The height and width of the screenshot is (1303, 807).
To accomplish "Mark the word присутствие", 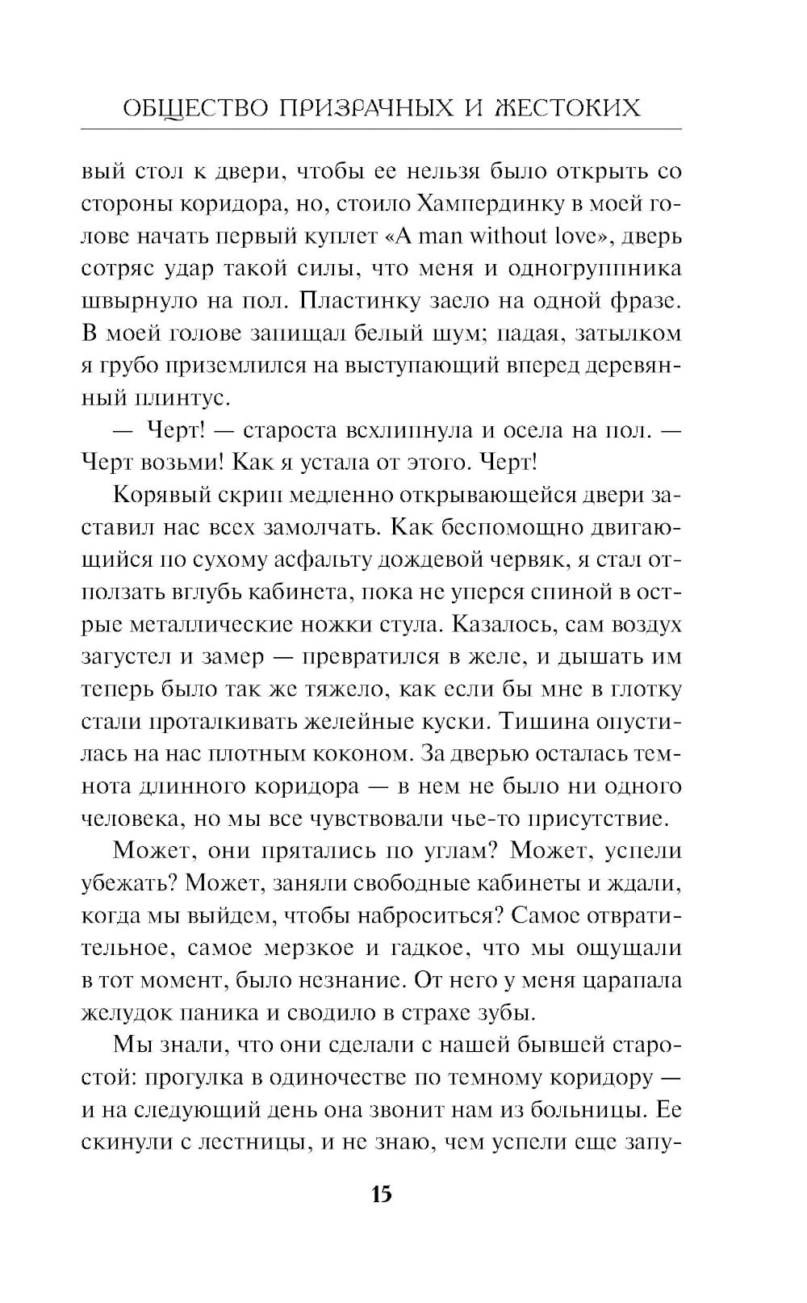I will point(596,817).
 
